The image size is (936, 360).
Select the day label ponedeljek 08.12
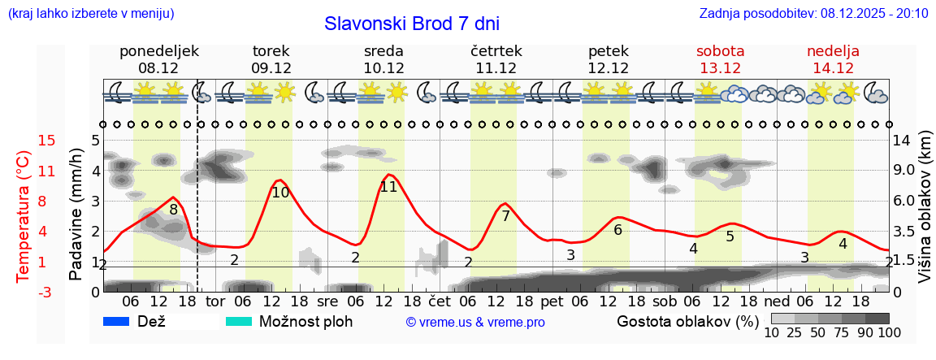pos(158,59)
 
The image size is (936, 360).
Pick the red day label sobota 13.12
pos(720,59)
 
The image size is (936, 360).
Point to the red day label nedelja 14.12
pos(833,59)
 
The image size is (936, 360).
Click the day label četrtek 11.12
pos(496,59)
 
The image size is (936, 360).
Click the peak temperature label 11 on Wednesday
pos(388,187)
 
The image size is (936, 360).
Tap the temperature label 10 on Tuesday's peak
pos(280,193)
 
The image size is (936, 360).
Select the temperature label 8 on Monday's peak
pos(173,210)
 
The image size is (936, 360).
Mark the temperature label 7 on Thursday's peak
pos(505,216)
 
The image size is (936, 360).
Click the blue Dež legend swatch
pos(117,322)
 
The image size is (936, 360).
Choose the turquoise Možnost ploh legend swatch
pos(239,322)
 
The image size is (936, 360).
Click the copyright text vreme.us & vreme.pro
pos(474,323)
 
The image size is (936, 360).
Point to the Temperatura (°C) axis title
pos(24,215)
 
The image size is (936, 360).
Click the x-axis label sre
pos(327,301)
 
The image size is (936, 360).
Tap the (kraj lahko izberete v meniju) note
pos(90,14)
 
